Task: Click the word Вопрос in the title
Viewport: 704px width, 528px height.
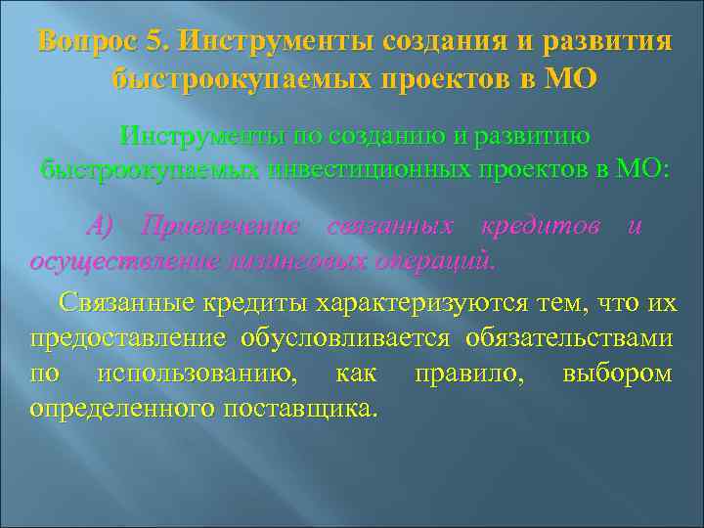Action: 83,44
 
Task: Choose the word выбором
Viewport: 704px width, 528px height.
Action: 618,373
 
